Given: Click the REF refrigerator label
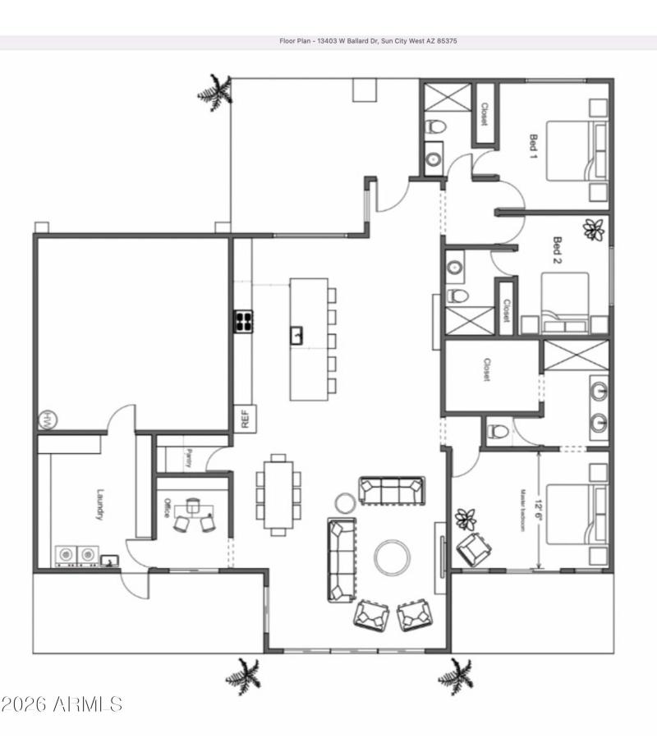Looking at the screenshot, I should pyautogui.click(x=244, y=419).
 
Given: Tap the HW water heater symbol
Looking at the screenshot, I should pyautogui.click(x=46, y=419).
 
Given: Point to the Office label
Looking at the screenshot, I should pyautogui.click(x=167, y=507).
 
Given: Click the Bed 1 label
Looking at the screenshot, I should pyautogui.click(x=533, y=146).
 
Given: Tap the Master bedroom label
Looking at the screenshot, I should pyautogui.click(x=521, y=511).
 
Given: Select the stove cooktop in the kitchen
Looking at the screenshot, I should pyautogui.click(x=244, y=320).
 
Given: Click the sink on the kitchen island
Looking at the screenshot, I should pyautogui.click(x=296, y=334).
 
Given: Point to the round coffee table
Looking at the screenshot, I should pyautogui.click(x=393, y=557).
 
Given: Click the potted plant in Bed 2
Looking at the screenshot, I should pyautogui.click(x=593, y=230).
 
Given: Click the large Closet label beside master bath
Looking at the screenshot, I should pyautogui.click(x=485, y=369).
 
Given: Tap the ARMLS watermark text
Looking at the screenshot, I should pyautogui.click(x=62, y=704).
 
